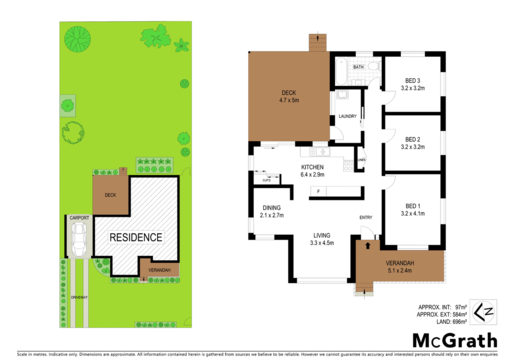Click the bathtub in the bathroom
coord(341,71)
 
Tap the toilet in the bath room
coord(374,67)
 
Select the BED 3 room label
coord(413,81)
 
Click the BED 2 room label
coord(413,139)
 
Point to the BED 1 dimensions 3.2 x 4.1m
coord(413,214)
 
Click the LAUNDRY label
coord(347,116)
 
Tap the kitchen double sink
coord(320,151)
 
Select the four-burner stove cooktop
coord(348,166)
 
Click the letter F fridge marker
coord(318,192)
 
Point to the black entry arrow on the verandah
coord(367,246)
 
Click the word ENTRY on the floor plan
coord(366,217)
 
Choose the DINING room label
coord(272,208)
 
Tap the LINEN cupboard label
coord(361,160)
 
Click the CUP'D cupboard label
coord(267,180)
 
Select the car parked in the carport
coord(79,240)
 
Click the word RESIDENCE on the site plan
coord(136,237)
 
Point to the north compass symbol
coord(483,312)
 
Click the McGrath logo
coord(455,341)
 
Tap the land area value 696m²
coord(460,322)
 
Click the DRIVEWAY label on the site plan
coord(79,297)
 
